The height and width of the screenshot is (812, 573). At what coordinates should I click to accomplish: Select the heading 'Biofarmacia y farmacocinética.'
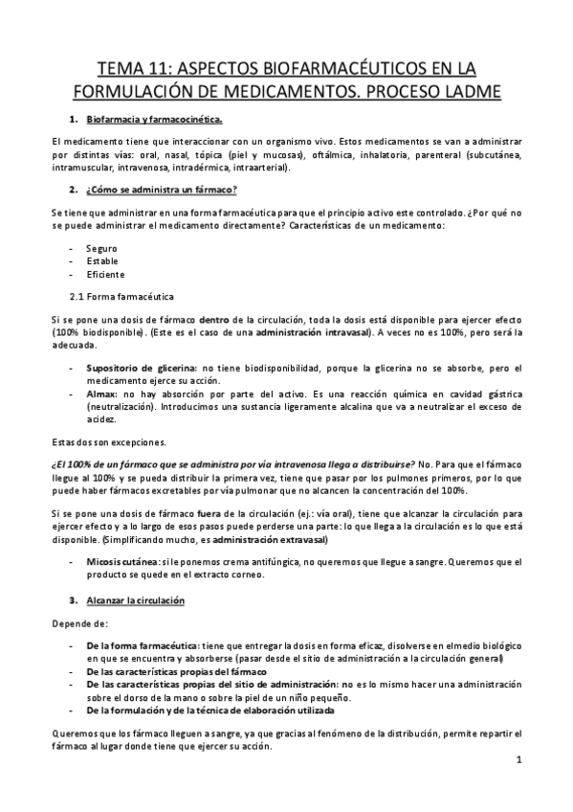pos(154,120)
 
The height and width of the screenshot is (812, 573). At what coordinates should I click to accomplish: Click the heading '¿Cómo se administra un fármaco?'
pos(162,188)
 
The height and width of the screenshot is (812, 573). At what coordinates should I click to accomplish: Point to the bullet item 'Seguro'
pos(101,248)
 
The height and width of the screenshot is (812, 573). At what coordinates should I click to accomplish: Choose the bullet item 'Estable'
pos(102,261)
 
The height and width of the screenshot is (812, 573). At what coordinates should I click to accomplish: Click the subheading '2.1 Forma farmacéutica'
pos(122,297)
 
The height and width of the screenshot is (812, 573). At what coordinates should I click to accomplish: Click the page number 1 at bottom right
pos(517,761)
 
